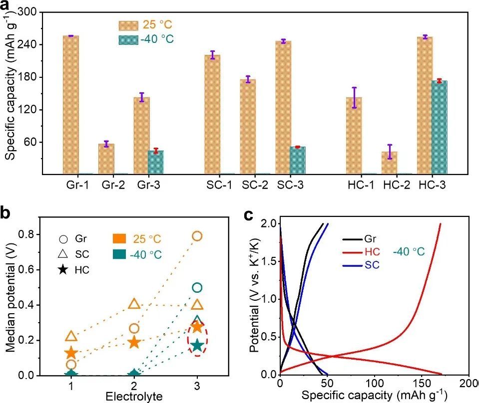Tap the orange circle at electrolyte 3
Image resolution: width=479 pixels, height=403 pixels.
[x=197, y=236]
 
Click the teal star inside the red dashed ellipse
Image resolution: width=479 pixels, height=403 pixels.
[x=197, y=345]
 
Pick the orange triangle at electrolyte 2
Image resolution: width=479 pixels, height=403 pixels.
[x=134, y=304]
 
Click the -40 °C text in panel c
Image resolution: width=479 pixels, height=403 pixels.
[x=408, y=252]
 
